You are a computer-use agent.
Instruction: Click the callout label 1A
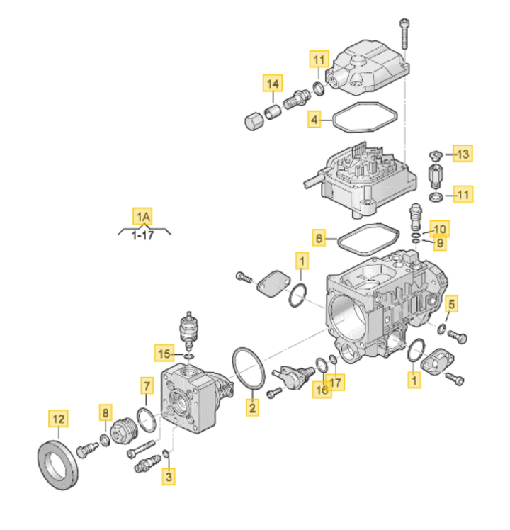[142, 216]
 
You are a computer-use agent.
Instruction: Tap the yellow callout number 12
[59, 419]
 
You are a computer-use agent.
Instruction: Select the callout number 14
[273, 84]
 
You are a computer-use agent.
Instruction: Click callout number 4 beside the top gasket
[314, 119]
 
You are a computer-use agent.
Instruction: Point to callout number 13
[463, 154]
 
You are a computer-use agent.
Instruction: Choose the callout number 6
[319, 238]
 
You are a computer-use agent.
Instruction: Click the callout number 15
[164, 354]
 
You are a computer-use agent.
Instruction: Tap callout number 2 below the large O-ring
[252, 407]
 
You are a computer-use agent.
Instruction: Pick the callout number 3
[169, 477]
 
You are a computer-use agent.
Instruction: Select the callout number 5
[451, 304]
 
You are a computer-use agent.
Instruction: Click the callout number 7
[147, 385]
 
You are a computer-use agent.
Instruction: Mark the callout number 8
[106, 412]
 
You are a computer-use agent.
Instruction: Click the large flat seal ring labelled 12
[58, 465]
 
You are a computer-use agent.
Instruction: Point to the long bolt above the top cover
[404, 33]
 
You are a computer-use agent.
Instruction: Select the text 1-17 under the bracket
[142, 235]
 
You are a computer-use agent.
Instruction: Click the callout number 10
[439, 229]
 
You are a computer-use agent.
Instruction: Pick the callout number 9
[440, 243]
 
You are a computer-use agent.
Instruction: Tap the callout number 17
[335, 383]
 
